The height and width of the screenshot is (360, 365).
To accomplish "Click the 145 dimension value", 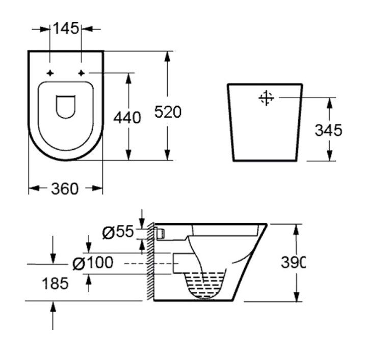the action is click(x=66, y=29).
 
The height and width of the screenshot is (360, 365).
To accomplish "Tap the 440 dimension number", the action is click(x=127, y=118).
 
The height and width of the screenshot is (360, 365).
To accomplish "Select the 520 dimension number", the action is click(x=168, y=112).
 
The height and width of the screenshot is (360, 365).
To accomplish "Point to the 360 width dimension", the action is click(x=65, y=188).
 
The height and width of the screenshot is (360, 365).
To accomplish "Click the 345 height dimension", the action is click(x=328, y=130).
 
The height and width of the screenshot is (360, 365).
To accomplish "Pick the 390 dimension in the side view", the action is click(x=293, y=262).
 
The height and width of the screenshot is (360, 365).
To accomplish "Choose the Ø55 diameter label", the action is click(x=118, y=232).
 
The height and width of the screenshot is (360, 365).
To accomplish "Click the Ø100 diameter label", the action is click(x=93, y=263).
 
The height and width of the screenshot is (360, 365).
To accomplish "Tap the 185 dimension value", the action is click(x=55, y=284).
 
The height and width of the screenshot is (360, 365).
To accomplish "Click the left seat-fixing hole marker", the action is click(x=50, y=73).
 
